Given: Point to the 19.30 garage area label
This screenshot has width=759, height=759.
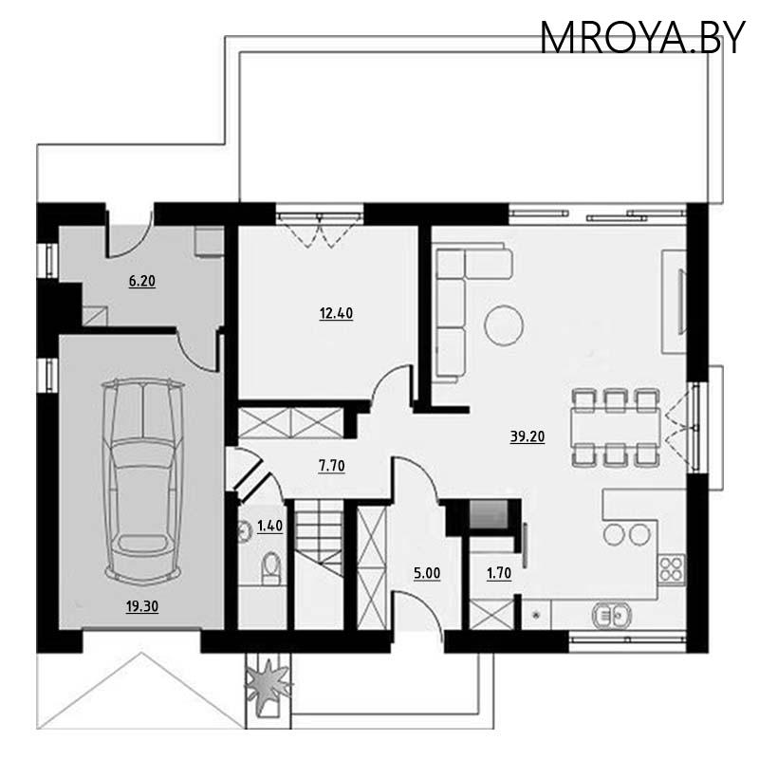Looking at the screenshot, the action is point(142,608).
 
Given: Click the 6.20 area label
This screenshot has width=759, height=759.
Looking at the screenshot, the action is point(141,281).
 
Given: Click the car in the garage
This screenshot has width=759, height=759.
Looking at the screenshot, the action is point(142,479).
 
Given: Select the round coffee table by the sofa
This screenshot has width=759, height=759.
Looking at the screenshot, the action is point(503,325).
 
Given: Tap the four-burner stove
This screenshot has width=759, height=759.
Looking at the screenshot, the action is point(672,568).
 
